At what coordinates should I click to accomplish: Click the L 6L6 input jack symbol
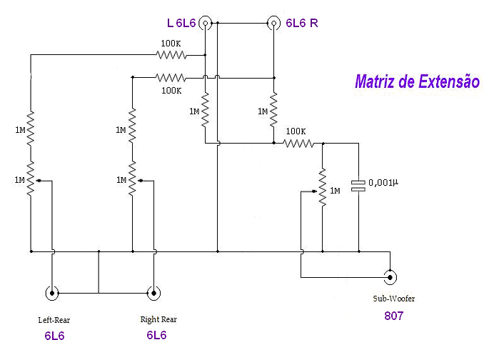(x=206, y=23)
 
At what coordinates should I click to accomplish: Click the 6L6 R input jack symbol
(x=273, y=23)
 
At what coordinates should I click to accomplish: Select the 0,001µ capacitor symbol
(x=358, y=184)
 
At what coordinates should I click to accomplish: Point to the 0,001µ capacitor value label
(x=383, y=183)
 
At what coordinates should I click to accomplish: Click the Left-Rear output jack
(x=52, y=292)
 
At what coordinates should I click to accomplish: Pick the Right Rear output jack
(x=153, y=292)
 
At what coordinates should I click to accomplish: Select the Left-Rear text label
(x=54, y=319)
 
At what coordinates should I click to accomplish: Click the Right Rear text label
(x=158, y=319)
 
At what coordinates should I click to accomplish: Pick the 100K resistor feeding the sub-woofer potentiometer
(x=298, y=143)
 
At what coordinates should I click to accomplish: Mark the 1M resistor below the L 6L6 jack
(x=206, y=111)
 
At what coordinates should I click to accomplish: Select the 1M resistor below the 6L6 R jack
(x=273, y=111)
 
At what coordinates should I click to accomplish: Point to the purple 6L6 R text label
(x=302, y=23)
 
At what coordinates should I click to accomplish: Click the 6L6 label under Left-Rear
(x=54, y=334)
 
